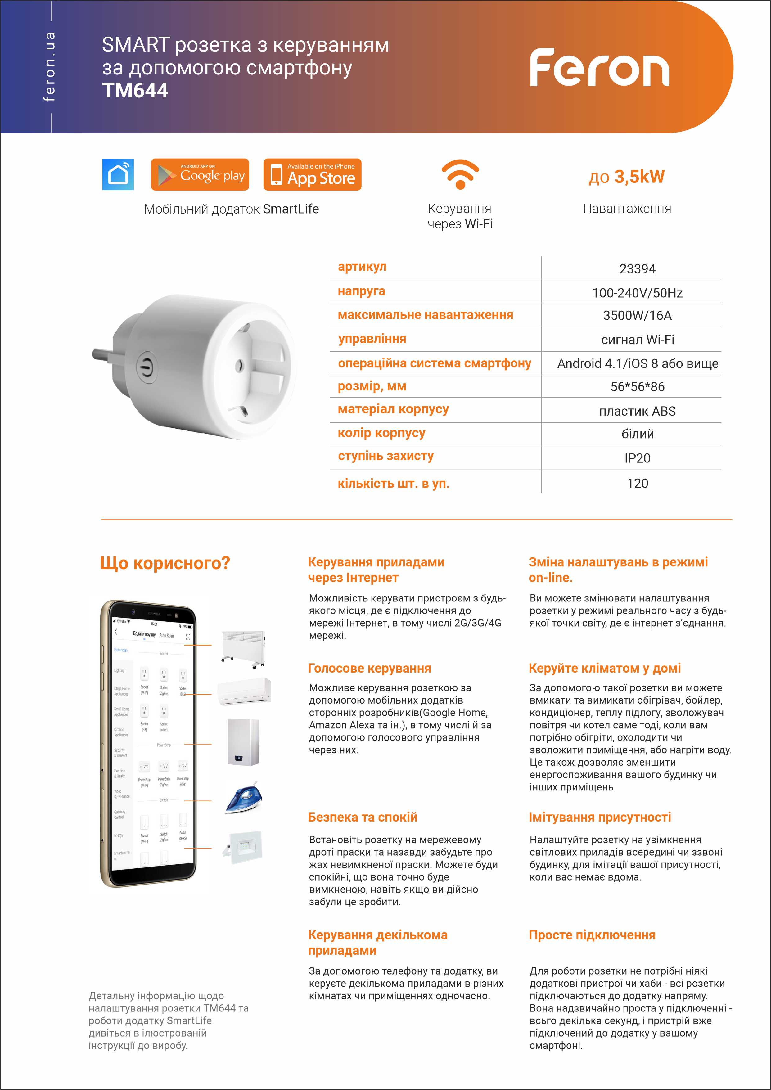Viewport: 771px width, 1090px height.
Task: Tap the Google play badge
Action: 200,175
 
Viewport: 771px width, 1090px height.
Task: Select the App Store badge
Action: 312,175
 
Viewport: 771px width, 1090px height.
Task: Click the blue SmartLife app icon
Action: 118,175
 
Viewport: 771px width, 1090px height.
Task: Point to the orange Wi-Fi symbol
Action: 460,174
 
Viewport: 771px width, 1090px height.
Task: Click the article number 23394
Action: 637,269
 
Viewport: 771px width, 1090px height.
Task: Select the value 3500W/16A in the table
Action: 637,316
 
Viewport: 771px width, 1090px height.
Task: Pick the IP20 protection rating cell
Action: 637,458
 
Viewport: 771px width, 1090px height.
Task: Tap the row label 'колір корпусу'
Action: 381,433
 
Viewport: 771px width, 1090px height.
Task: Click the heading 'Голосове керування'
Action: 369,669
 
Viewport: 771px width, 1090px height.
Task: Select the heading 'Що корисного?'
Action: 165,563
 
